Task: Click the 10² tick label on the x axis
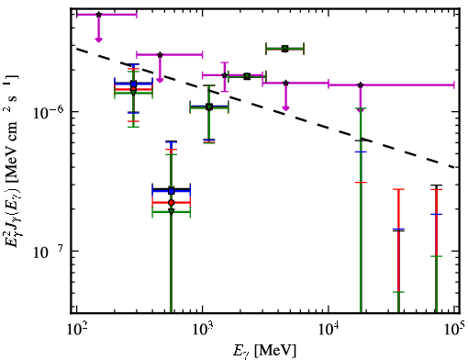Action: pyautogui.click(x=76, y=330)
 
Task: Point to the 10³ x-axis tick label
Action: pyautogui.click(x=203, y=330)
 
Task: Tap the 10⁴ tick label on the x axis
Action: pyautogui.click(x=329, y=330)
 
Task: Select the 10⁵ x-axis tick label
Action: pyautogui.click(x=454, y=330)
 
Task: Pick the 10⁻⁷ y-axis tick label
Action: pyautogui.click(x=48, y=252)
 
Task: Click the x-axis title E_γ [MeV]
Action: pyautogui.click(x=264, y=351)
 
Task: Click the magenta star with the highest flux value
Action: pyautogui.click(x=98, y=15)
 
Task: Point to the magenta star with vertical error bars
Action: pyautogui.click(x=225, y=75)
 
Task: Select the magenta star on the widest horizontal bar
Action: pyautogui.click(x=361, y=84)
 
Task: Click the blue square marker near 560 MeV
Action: pyautogui.click(x=172, y=191)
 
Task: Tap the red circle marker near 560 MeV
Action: pyautogui.click(x=172, y=202)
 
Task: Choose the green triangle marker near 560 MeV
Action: pyautogui.click(x=172, y=211)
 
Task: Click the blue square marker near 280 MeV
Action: pyautogui.click(x=133, y=84)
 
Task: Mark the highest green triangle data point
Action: pyautogui.click(x=285, y=49)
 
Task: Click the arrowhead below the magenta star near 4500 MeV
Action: pyautogui.click(x=285, y=107)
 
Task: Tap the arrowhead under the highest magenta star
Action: pyautogui.click(x=98, y=39)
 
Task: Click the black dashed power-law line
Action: pyautogui.click(x=266, y=107)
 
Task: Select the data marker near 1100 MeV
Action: pyautogui.click(x=209, y=107)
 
